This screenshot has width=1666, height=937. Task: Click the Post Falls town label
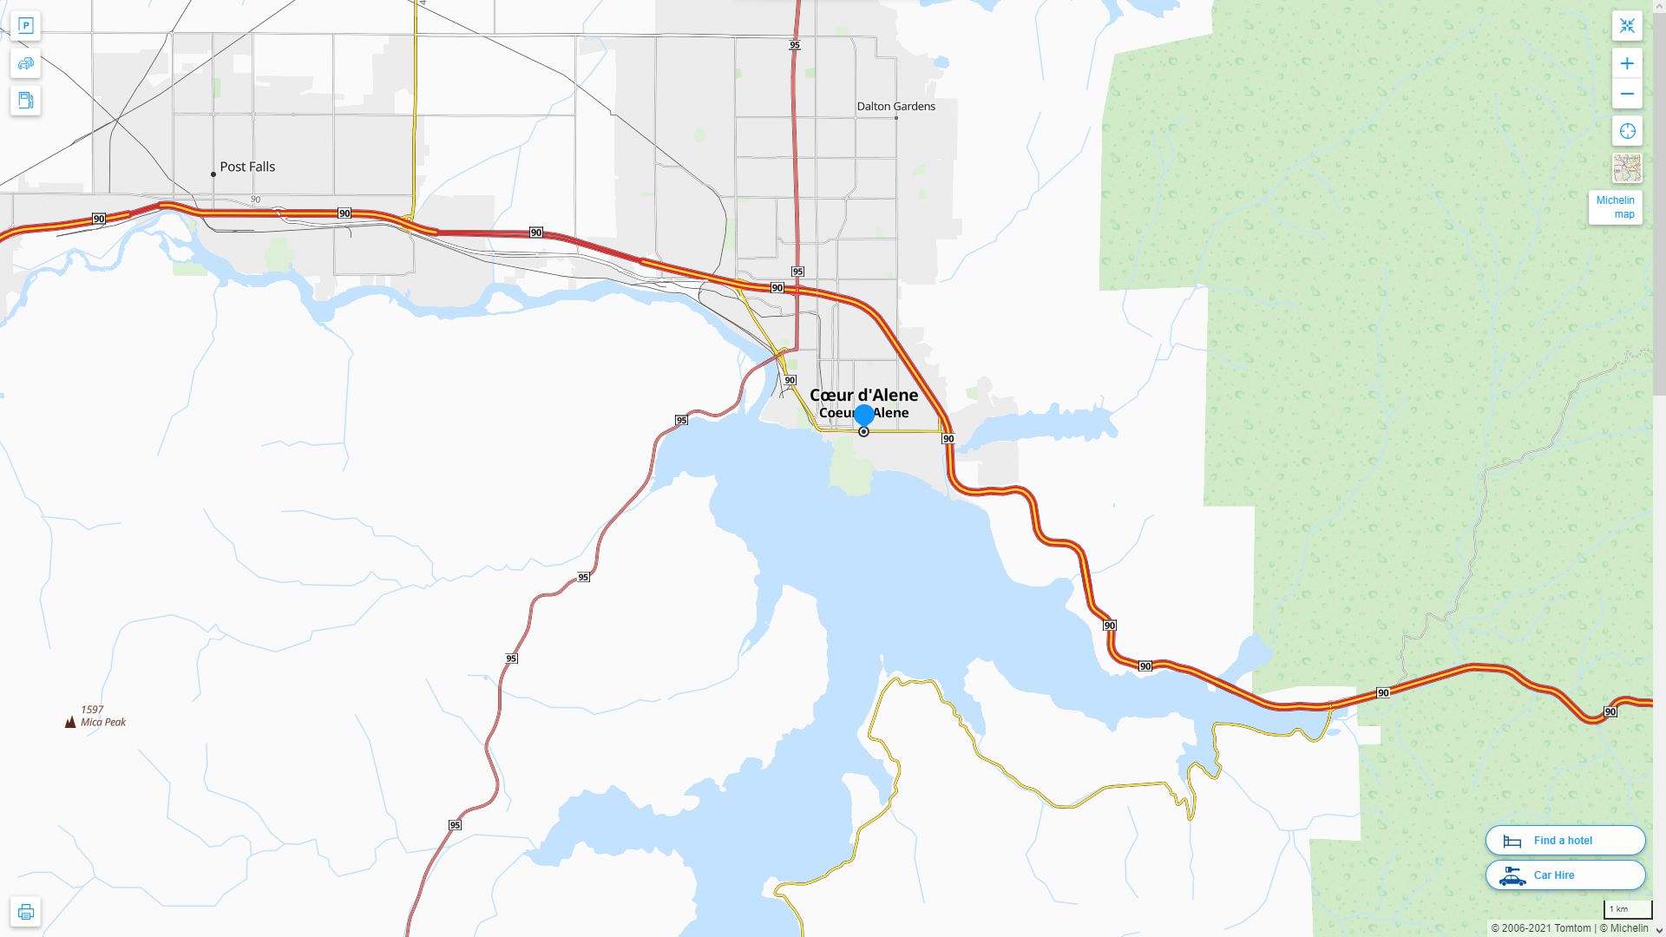(x=247, y=167)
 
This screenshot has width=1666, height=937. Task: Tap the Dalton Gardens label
(x=895, y=107)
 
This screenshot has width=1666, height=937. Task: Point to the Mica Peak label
(x=103, y=722)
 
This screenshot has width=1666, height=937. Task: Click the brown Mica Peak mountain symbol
(x=70, y=722)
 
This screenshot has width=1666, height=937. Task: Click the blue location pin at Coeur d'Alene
(x=863, y=416)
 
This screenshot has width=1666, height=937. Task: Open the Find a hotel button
(x=1564, y=840)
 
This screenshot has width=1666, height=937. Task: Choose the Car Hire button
(x=1564, y=875)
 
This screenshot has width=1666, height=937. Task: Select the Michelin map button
(x=1615, y=207)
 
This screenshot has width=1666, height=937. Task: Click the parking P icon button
(x=26, y=26)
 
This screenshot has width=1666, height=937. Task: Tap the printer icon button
(x=26, y=912)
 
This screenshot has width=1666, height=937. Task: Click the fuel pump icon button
(x=26, y=100)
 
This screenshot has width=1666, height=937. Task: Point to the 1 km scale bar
(x=1627, y=910)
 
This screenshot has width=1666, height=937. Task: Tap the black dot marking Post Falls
(x=213, y=174)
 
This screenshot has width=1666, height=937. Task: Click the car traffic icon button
(x=26, y=63)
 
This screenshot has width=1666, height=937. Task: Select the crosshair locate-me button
(x=1627, y=131)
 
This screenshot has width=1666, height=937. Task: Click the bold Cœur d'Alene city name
(x=863, y=395)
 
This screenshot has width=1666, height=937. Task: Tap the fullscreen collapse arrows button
(x=1627, y=26)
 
